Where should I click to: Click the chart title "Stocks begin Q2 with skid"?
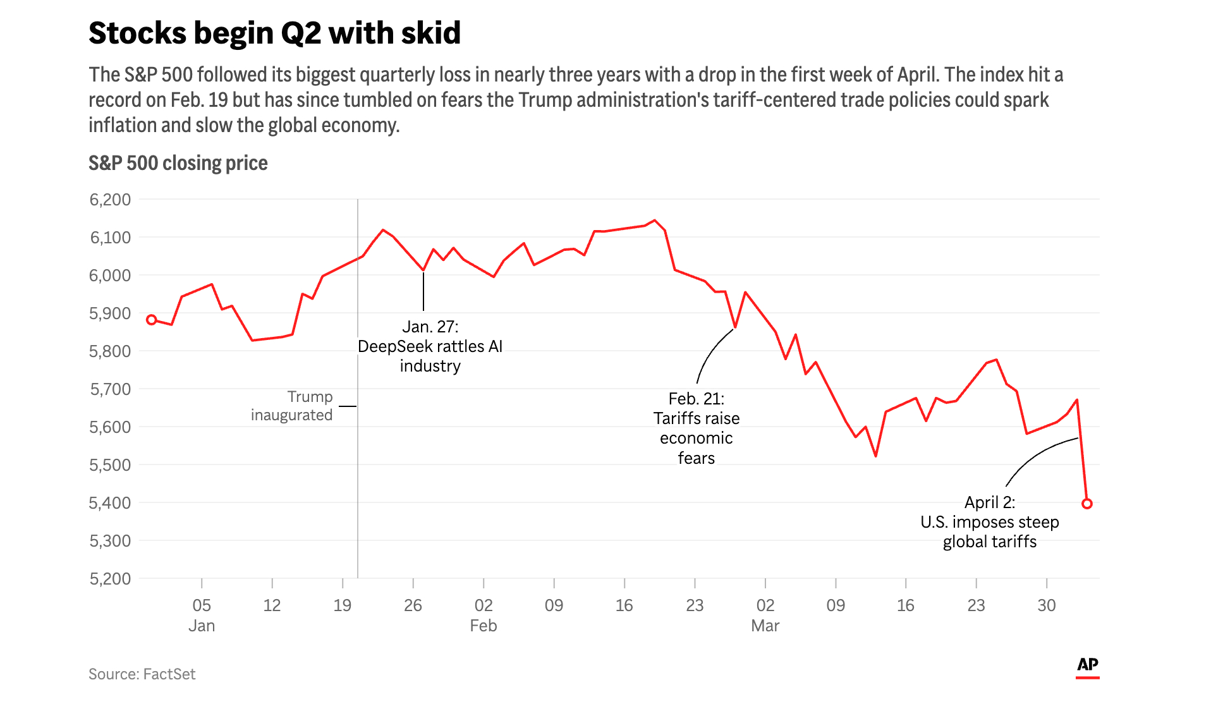[x=274, y=33]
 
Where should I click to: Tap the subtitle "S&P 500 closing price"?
[x=178, y=164]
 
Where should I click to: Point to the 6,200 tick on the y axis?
[x=110, y=200]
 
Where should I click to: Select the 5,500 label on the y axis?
[x=110, y=465]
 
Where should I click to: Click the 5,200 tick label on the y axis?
[x=110, y=579]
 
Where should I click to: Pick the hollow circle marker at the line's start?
[x=152, y=320]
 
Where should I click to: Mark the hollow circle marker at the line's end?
[x=1086, y=504]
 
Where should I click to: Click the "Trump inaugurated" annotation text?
[x=292, y=406]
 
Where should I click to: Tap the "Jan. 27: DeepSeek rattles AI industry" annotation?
[x=430, y=346]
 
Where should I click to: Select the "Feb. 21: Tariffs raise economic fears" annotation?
[x=696, y=428]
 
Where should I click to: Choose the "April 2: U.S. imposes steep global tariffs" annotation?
[x=989, y=522]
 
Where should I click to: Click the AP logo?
[x=1087, y=665]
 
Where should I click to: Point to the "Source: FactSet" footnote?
[x=142, y=674]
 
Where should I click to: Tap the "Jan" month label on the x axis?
[x=202, y=626]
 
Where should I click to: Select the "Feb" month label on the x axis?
[x=484, y=626]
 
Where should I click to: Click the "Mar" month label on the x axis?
[x=765, y=626]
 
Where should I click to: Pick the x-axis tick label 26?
[x=413, y=605]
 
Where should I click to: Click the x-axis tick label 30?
[x=1046, y=605]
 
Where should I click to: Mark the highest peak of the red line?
[x=655, y=221]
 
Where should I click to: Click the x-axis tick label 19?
[x=342, y=605]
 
